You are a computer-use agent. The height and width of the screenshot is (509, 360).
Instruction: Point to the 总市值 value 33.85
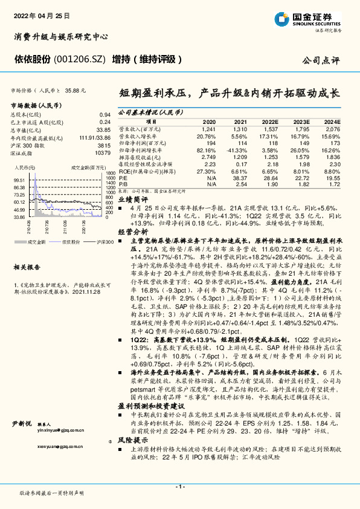(x=104, y=130)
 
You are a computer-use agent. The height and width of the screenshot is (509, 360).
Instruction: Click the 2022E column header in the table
(x=269, y=122)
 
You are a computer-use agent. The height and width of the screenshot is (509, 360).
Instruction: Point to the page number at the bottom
(x=179, y=487)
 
